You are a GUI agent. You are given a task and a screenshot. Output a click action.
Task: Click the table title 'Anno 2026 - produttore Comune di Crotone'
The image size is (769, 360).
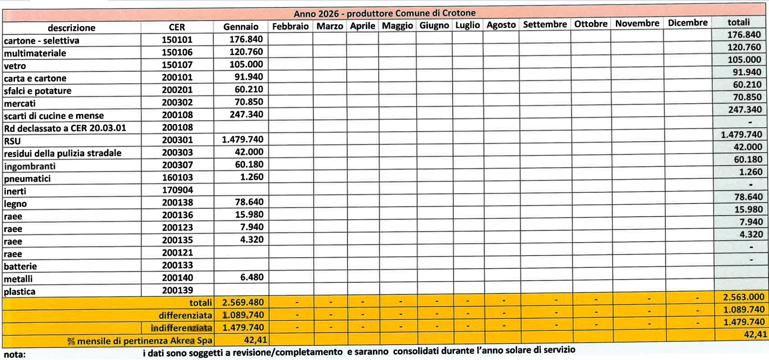pos(384,13)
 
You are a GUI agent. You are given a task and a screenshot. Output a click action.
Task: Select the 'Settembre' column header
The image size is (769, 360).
pos(544,24)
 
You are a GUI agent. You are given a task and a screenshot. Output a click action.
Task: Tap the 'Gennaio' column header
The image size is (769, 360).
pos(240,26)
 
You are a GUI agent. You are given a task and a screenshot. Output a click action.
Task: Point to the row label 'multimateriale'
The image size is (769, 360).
pos(35,53)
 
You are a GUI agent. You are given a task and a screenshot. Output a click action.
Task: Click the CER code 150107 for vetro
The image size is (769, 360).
pos(177,65)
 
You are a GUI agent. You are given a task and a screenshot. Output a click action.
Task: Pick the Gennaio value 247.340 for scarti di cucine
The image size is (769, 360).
pos(246,114)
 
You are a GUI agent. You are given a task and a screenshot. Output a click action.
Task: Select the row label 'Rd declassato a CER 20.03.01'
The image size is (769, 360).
pos(65,128)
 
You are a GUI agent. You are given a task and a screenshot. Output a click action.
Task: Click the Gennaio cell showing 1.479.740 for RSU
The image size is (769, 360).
pos(242,139)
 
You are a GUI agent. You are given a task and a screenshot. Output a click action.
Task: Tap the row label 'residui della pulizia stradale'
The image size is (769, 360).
pos(63,153)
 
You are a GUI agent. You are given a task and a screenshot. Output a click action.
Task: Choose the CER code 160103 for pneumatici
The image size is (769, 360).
pos(177,177)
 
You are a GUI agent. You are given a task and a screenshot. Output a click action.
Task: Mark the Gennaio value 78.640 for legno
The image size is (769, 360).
pos(249,202)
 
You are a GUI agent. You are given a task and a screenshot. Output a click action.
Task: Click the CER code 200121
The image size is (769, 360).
pos(177,253)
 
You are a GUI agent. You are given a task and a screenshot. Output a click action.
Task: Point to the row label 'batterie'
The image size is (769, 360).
pos(20,266)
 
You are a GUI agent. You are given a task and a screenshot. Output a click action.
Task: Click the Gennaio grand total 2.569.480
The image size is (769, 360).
pos(243,303)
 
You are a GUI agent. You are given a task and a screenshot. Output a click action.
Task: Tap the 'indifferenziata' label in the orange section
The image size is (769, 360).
pos(181,328)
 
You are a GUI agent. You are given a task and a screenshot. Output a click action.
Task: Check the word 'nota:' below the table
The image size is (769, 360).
pos(15,354)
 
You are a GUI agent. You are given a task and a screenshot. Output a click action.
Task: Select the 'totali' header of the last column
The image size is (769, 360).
pos(738,22)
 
